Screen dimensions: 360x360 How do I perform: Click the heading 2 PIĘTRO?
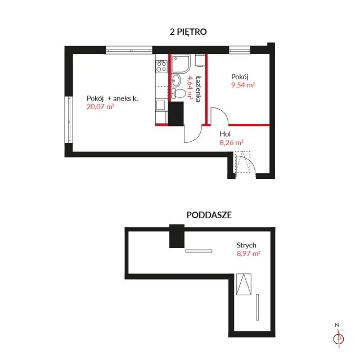pos(188,32)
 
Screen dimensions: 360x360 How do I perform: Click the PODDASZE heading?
pos(209,215)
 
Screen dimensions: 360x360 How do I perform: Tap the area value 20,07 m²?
pos(100,107)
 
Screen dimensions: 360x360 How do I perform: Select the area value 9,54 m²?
pos(243,85)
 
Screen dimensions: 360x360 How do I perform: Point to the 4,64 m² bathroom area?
pos(190,88)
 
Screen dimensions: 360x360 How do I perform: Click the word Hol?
pos(225,134)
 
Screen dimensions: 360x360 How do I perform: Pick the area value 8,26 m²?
pos(231,142)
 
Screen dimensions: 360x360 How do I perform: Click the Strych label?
pos(246,245)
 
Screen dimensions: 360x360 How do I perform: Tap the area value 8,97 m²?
pos(249,254)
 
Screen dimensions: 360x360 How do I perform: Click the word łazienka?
pos(199,89)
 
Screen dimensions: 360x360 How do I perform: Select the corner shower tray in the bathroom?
pos(181,64)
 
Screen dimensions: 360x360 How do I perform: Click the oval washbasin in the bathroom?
pos(176,80)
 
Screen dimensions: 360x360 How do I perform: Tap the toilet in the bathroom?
pos(178,93)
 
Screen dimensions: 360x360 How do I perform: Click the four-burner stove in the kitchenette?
pos(161,66)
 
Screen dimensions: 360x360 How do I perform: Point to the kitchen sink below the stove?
pos(161,105)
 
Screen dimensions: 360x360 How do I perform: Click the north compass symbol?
pos(339,339)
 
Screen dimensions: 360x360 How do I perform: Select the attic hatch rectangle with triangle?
pos(244,284)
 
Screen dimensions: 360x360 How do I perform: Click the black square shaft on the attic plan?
pos(177,236)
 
